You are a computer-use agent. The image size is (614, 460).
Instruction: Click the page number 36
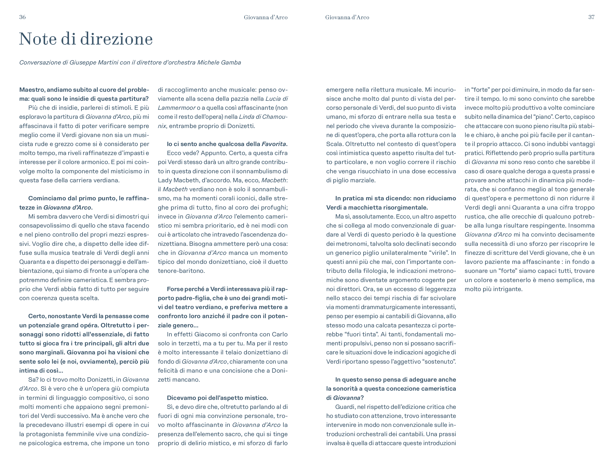(22, 17)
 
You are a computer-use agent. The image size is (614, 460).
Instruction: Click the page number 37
(591, 17)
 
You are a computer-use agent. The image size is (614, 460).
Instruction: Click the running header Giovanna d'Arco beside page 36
(266, 18)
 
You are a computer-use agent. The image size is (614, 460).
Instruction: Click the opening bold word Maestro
(32, 90)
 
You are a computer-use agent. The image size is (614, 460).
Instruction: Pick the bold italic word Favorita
(273, 144)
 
